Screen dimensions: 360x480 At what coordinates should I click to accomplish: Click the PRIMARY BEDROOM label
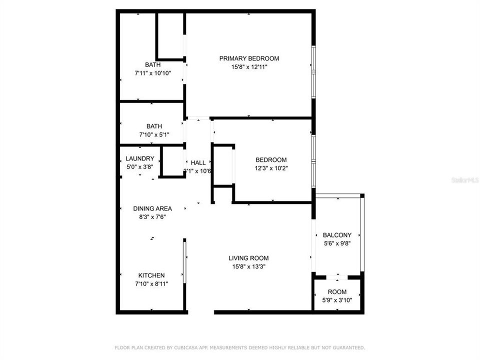click(249, 58)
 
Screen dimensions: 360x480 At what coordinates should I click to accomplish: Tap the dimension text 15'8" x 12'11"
click(249, 67)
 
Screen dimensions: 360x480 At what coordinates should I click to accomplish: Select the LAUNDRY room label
click(140, 159)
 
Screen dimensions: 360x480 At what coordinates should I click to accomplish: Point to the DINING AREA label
click(152, 208)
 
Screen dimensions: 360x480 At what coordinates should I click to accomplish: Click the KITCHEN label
click(151, 275)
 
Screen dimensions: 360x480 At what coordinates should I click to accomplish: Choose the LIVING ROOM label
click(248, 258)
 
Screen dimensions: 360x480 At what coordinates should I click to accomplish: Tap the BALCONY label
click(337, 235)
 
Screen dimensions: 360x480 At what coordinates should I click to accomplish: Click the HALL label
click(198, 162)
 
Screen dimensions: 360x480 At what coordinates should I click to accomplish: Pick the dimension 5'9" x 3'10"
click(337, 300)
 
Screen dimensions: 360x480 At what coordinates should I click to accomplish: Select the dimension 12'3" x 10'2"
click(271, 168)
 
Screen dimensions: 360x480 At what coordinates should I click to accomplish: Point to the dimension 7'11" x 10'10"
click(153, 73)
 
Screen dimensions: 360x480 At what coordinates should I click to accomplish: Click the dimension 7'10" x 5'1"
click(154, 134)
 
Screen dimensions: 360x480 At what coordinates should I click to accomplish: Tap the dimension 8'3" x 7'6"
click(152, 217)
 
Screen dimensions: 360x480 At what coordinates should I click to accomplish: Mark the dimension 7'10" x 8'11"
click(151, 284)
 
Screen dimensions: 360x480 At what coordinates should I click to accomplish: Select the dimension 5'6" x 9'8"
click(337, 243)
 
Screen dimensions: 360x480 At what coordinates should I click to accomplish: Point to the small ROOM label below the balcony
click(337, 292)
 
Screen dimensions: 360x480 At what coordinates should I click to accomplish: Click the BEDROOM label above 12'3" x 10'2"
click(271, 160)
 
